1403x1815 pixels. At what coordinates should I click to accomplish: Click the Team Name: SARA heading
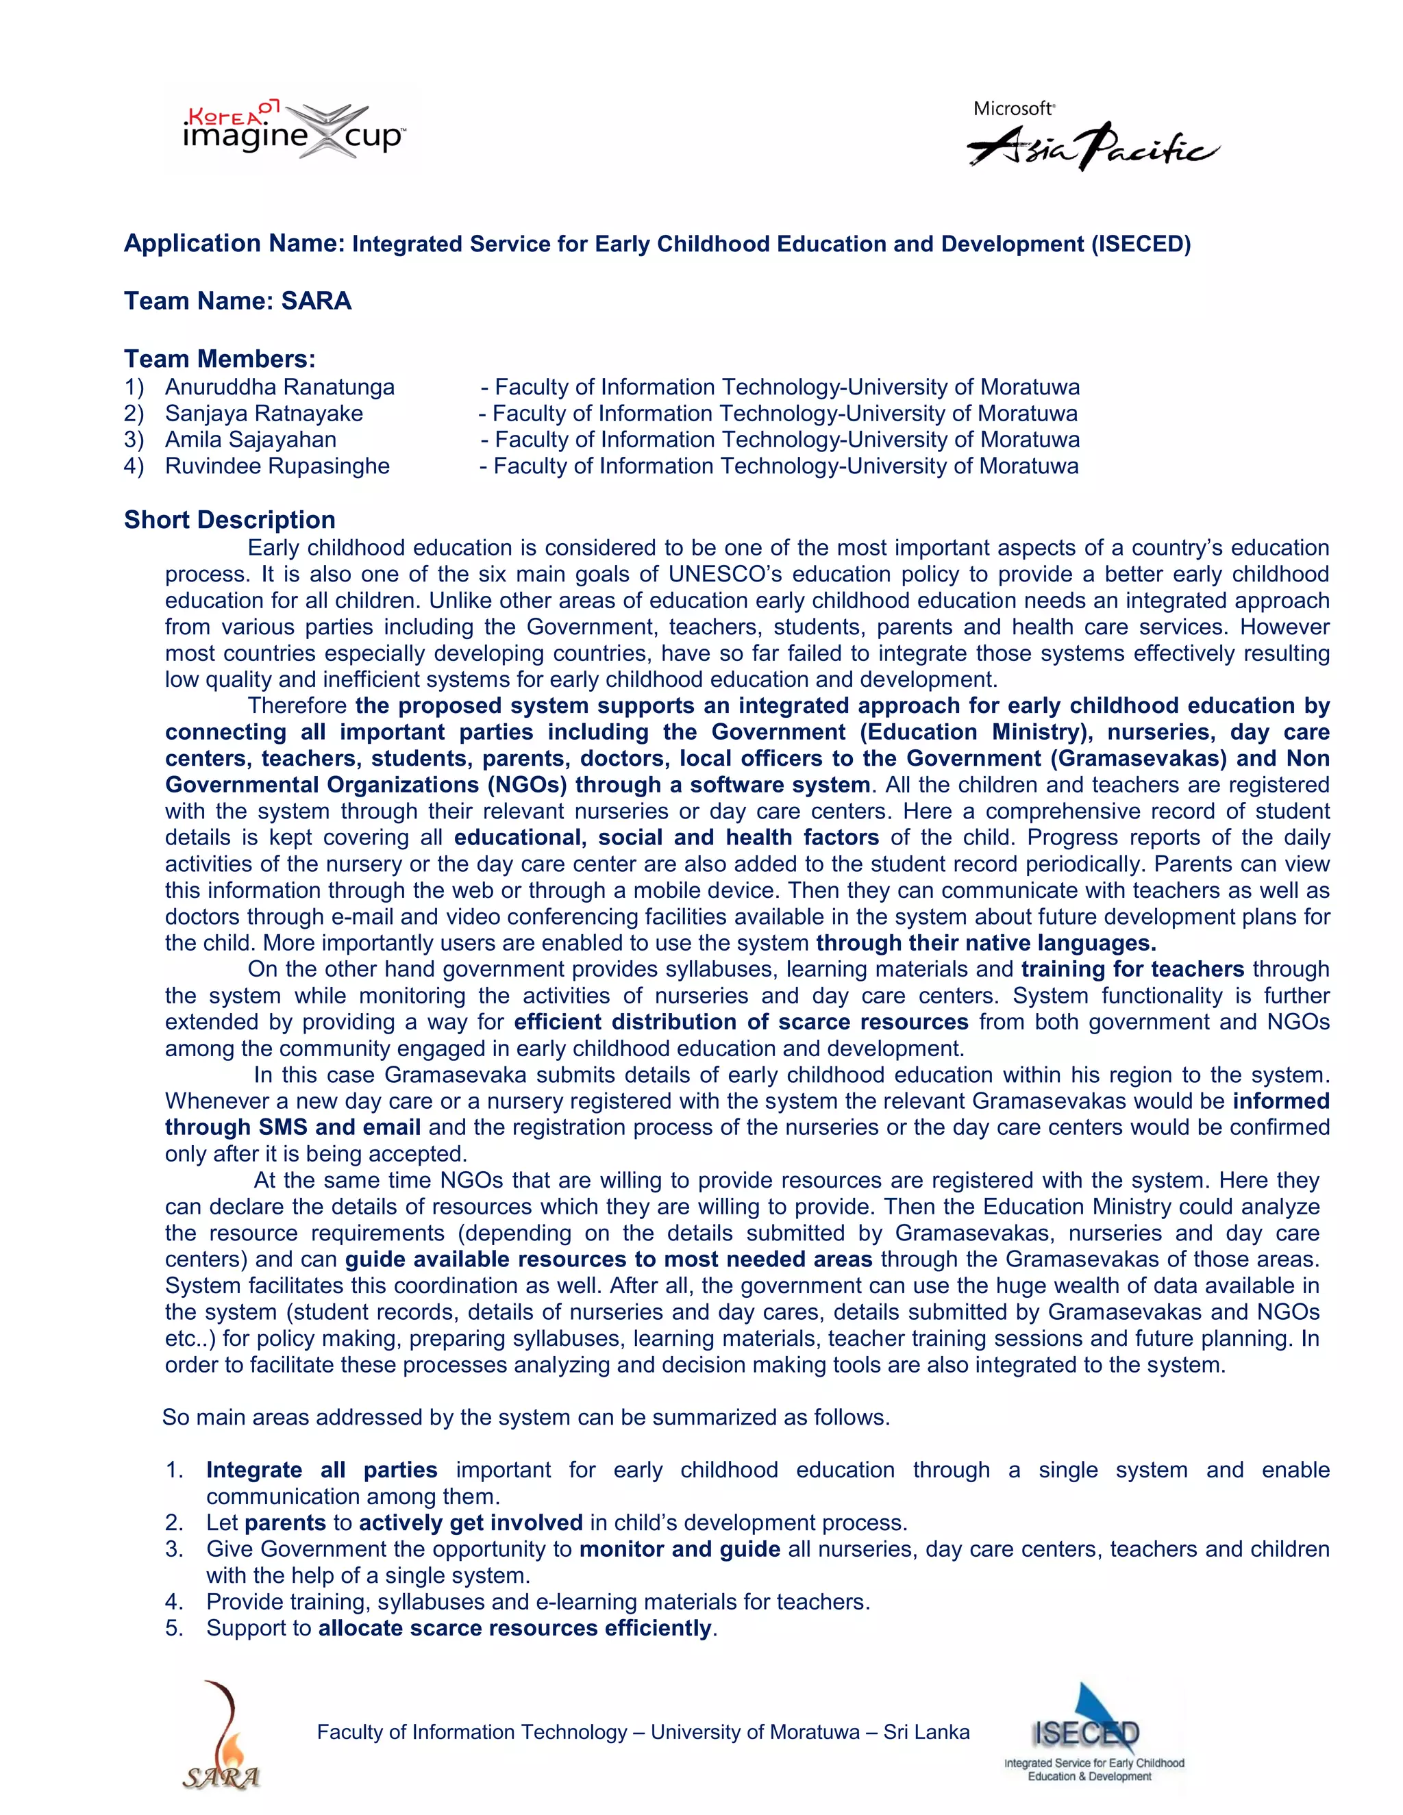(x=238, y=301)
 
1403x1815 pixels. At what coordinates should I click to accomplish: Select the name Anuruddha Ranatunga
(x=280, y=387)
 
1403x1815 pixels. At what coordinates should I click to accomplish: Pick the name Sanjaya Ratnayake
(x=264, y=414)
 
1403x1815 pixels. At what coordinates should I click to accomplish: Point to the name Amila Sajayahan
(x=250, y=440)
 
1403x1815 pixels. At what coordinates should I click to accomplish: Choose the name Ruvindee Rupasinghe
(x=277, y=466)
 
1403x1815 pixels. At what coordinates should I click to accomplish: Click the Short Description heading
(x=229, y=521)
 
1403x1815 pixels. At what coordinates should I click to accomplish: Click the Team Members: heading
(x=219, y=359)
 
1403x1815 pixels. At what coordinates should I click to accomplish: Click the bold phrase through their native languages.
(x=986, y=943)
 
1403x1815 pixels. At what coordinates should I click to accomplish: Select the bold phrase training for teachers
(x=1132, y=970)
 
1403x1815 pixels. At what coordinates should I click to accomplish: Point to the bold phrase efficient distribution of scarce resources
(x=741, y=1022)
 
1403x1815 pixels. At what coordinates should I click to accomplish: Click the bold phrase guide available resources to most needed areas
(x=608, y=1260)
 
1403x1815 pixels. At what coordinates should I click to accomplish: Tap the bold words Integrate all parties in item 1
(x=322, y=1470)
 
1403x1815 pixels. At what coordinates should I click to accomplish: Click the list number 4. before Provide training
(x=174, y=1602)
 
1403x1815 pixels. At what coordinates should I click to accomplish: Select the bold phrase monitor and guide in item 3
(x=679, y=1549)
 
